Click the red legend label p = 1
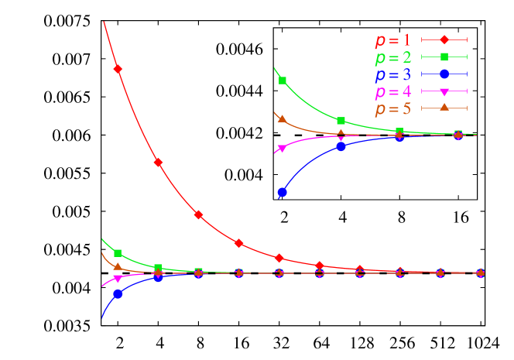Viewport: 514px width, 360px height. coord(392,40)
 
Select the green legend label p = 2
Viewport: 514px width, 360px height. coord(392,57)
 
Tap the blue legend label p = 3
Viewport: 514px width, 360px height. coord(392,74)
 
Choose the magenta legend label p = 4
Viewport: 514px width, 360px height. coord(392,91)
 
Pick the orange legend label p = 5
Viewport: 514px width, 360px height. coord(392,108)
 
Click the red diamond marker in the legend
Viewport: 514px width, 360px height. coord(444,39)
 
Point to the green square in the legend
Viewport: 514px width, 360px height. coord(444,57)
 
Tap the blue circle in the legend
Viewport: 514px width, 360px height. coord(444,74)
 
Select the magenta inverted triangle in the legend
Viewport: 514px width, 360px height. coord(444,91)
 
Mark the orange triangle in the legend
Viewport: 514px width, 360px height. coord(444,108)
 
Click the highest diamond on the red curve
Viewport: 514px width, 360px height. coord(118,69)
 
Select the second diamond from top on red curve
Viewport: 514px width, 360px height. coord(158,163)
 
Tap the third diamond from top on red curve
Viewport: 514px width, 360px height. coord(198,214)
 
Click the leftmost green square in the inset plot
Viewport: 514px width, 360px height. coord(283,81)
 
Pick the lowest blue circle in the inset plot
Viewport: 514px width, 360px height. coord(283,192)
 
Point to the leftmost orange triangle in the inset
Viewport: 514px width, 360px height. coord(283,119)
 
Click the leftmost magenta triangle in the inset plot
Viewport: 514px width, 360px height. coord(282,149)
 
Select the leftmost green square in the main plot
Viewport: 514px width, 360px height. coord(118,253)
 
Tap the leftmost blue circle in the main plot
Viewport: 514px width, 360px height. coord(118,294)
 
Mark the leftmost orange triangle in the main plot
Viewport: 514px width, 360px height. coord(118,266)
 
